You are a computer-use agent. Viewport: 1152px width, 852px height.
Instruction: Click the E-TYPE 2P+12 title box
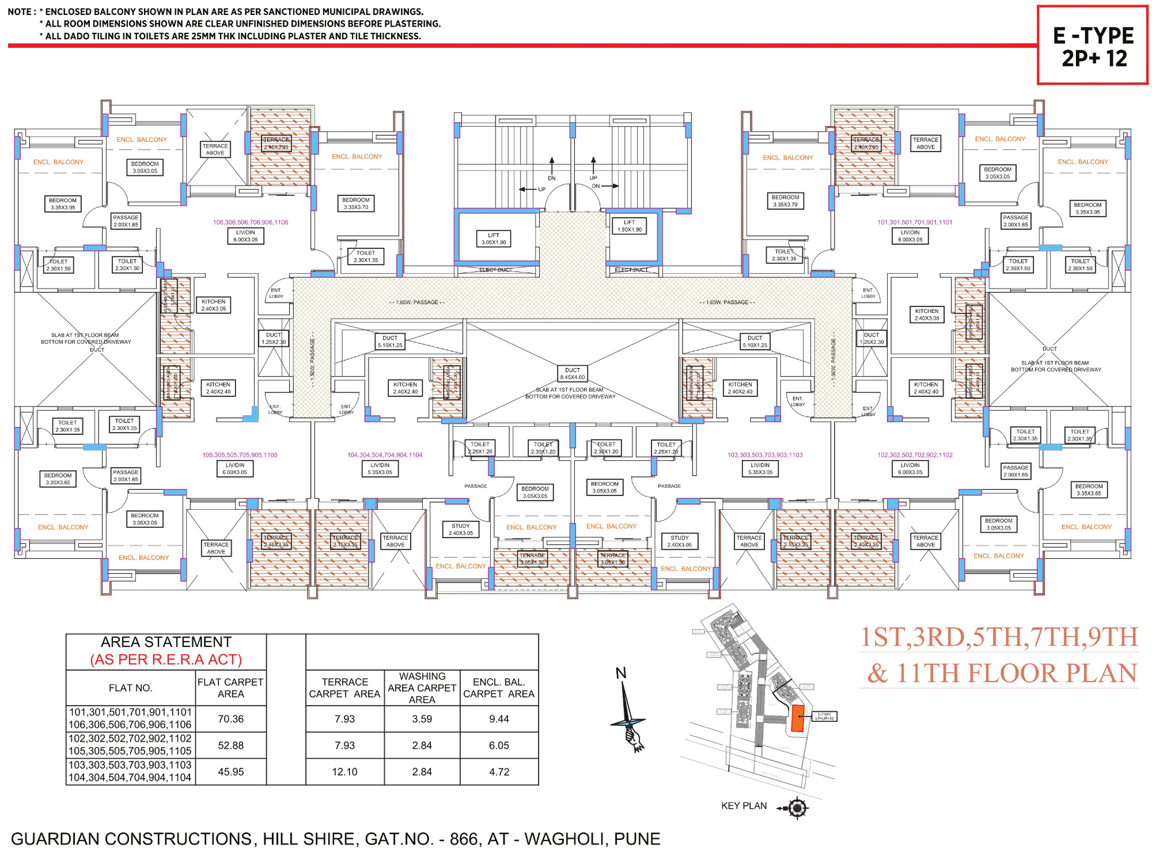tap(1093, 46)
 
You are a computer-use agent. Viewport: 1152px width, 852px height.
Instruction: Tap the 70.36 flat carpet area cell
tap(230, 719)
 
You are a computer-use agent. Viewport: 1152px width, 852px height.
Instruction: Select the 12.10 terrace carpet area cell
tap(344, 772)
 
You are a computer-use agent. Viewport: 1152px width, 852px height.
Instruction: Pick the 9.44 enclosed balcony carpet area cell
tap(499, 719)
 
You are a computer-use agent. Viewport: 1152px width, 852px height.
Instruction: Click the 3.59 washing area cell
tap(422, 719)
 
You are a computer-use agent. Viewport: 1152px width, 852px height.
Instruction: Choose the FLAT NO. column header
tap(130, 688)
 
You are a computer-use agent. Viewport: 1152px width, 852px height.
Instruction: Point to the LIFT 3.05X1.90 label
tap(494, 239)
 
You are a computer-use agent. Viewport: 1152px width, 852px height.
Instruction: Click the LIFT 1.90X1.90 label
tap(629, 226)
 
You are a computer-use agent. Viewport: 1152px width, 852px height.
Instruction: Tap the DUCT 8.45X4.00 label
tap(572, 374)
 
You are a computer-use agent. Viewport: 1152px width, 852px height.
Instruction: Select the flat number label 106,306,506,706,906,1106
tap(251, 222)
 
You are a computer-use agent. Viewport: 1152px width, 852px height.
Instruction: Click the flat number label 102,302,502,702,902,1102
tap(915, 455)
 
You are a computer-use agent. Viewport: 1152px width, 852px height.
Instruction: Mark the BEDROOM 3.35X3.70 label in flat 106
tap(355, 203)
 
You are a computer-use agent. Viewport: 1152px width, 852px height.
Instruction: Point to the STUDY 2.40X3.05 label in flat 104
tap(461, 529)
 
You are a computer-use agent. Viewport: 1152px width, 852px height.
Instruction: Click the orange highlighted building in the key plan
tap(797, 718)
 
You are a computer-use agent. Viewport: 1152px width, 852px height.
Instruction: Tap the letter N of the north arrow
tap(620, 673)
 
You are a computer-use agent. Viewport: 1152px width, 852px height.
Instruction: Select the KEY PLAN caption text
tap(744, 806)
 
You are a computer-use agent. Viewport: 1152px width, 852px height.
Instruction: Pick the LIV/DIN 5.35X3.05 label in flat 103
tap(760, 468)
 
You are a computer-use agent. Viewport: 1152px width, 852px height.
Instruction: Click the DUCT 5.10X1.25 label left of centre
tap(390, 342)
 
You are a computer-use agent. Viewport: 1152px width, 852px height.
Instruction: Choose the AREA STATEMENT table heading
tap(166, 642)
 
